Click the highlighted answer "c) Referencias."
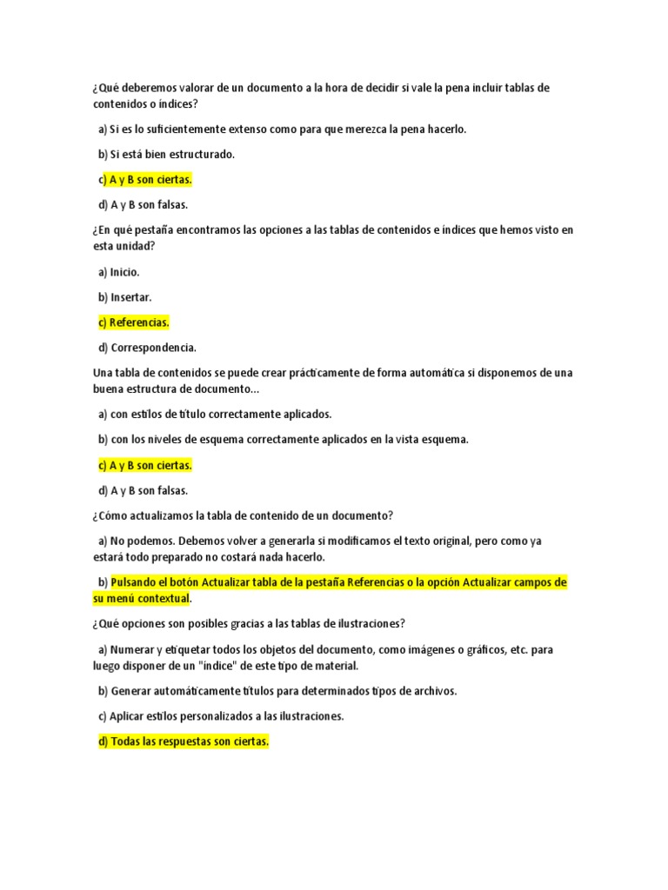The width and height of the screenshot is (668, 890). pos(134,322)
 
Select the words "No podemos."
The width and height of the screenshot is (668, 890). pos(141,541)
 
